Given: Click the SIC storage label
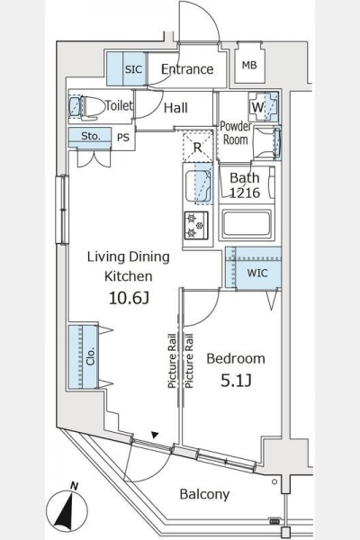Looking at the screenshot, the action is pyautogui.click(x=133, y=69).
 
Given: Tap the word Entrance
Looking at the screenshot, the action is pyautogui.click(x=187, y=69).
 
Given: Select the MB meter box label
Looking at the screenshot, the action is pyautogui.click(x=249, y=65).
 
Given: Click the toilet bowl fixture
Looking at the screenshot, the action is pyautogui.click(x=87, y=107).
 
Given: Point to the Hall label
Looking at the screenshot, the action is pyautogui.click(x=175, y=108).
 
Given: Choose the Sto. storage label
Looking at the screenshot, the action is pyautogui.click(x=91, y=136).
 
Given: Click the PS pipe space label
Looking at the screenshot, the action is pyautogui.click(x=123, y=138).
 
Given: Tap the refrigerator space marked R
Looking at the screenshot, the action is pyautogui.click(x=197, y=147).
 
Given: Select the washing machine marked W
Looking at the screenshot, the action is pyautogui.click(x=263, y=107).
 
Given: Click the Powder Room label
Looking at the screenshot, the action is pyautogui.click(x=236, y=133).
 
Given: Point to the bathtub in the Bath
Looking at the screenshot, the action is pyautogui.click(x=247, y=225).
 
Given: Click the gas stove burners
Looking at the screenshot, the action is pyautogui.click(x=196, y=226).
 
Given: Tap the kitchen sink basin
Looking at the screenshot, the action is pyautogui.click(x=198, y=186).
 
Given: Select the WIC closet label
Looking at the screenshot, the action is pyautogui.click(x=257, y=273).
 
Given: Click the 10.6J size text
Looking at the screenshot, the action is pyautogui.click(x=129, y=298).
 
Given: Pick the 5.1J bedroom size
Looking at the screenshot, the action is pyautogui.click(x=236, y=381).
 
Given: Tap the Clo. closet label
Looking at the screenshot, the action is pyautogui.click(x=90, y=356).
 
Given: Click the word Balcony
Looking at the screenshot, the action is pyautogui.click(x=204, y=494).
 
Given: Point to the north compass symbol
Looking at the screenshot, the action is pyautogui.click(x=67, y=510).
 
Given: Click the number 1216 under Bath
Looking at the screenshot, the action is pyautogui.click(x=245, y=193).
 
